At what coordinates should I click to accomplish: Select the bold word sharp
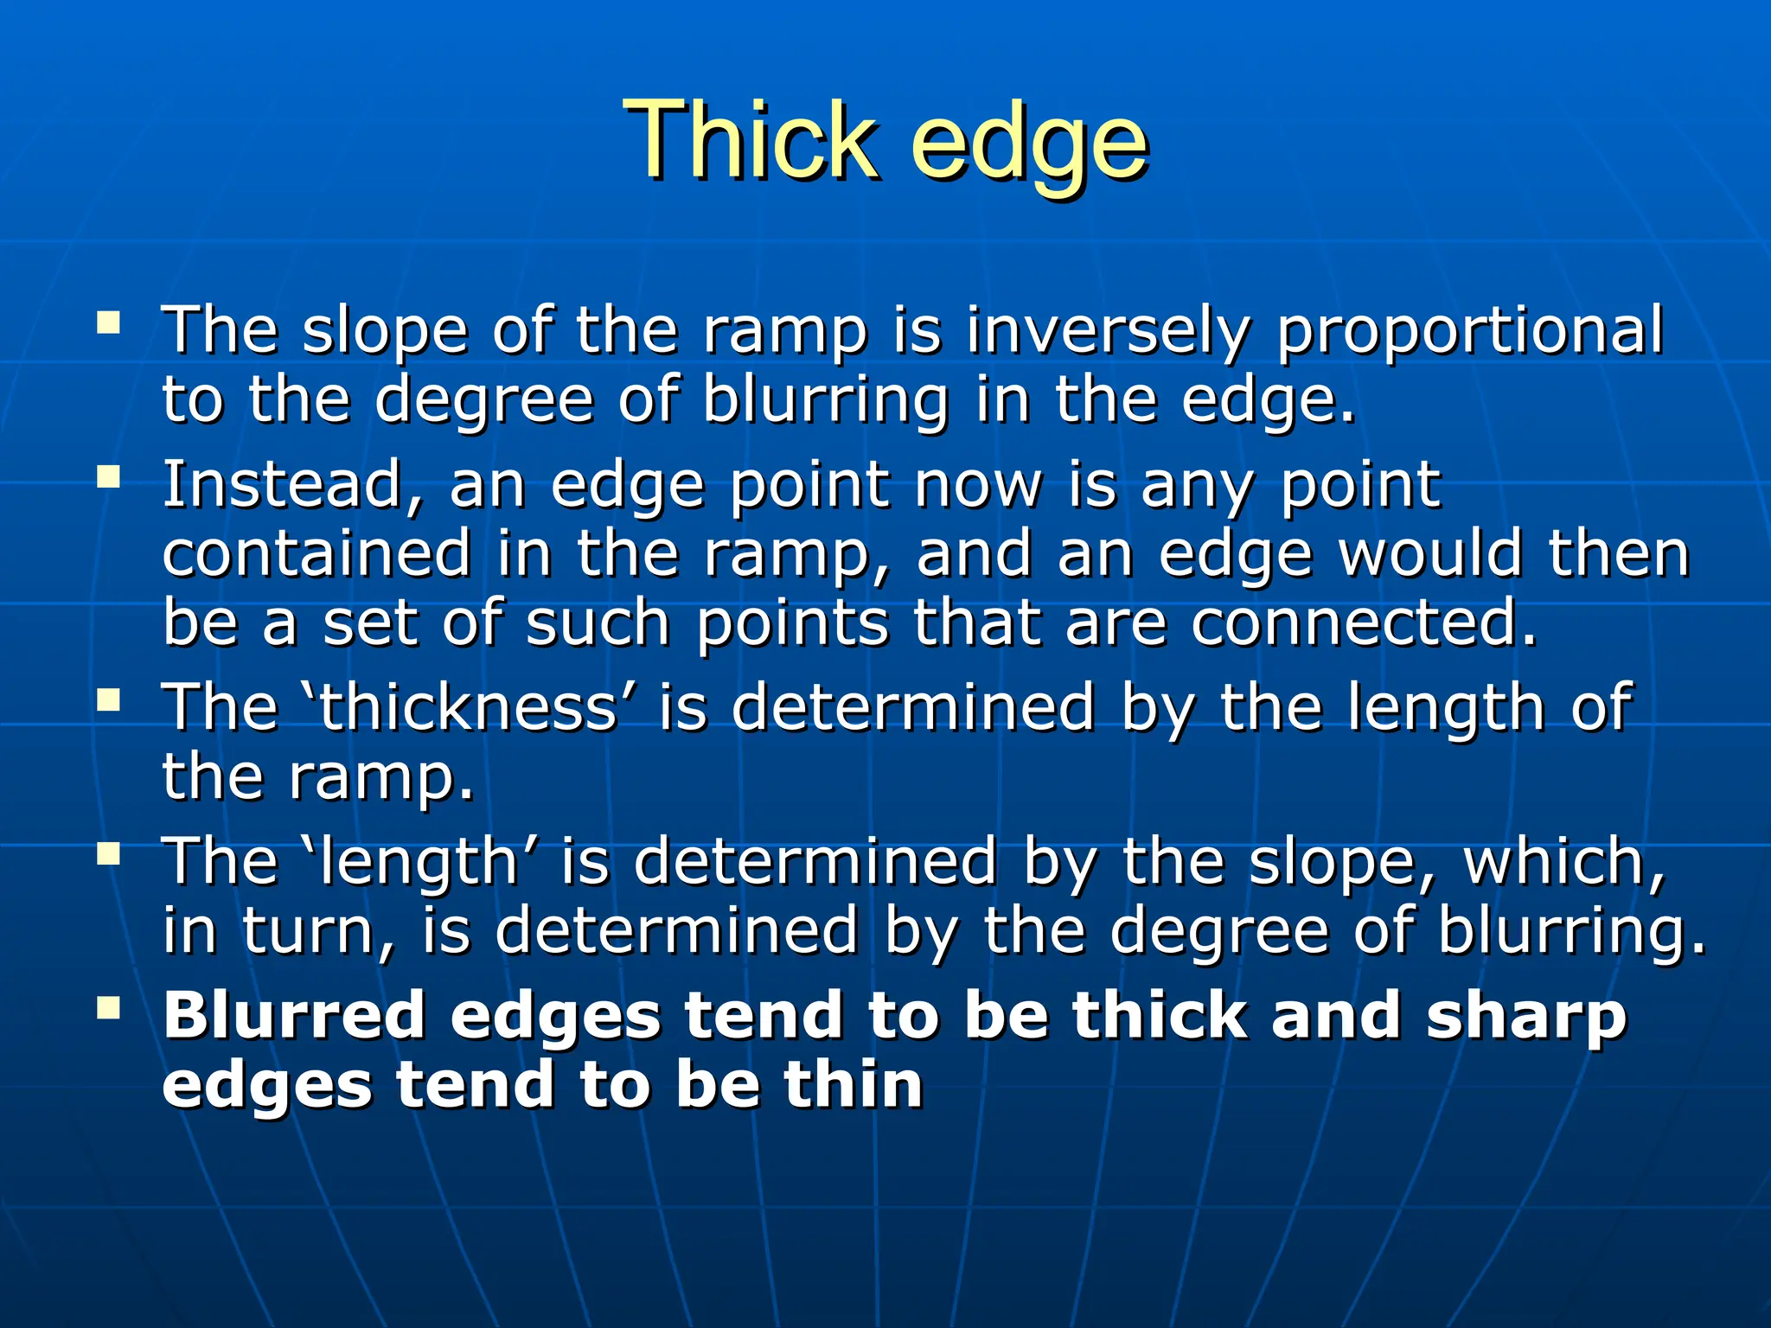click(x=1526, y=1017)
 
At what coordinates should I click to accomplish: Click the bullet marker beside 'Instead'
click(x=109, y=476)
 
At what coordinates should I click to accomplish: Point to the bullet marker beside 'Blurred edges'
click(x=109, y=1007)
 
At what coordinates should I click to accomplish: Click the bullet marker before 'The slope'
click(x=109, y=324)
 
